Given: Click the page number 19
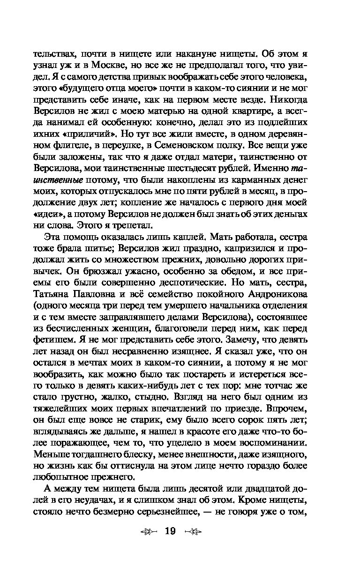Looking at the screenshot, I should [x=169, y=531].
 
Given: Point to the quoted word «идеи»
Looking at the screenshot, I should [x=45, y=213].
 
